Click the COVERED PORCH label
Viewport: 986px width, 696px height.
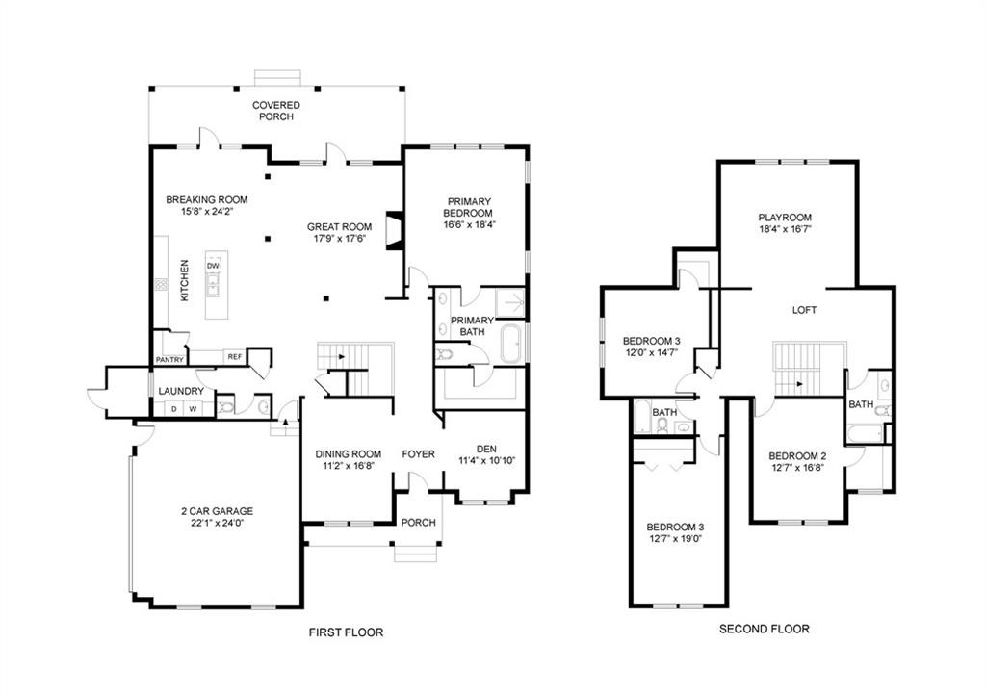pos(275,111)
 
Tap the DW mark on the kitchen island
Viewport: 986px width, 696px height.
pos(213,266)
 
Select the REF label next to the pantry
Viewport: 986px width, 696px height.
pos(234,357)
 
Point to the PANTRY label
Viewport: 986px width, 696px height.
pos(169,361)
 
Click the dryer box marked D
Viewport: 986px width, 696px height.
pos(174,409)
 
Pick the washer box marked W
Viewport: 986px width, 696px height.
pos(193,409)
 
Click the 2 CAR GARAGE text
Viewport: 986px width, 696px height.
pos(217,511)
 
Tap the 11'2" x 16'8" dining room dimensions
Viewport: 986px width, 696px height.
pos(348,467)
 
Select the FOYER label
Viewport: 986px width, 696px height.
pos(418,454)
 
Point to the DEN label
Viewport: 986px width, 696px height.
pos(486,448)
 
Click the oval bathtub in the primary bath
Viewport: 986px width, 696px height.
pos(510,344)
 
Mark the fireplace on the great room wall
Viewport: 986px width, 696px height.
pos(394,231)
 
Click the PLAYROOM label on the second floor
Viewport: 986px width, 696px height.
pos(785,218)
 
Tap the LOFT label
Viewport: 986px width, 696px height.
pos(804,310)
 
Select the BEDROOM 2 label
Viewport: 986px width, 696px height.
pos(797,456)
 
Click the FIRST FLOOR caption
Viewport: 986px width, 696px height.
pos(346,632)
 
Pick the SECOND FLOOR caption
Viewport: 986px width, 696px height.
pos(765,629)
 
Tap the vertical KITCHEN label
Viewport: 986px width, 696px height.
pos(184,280)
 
